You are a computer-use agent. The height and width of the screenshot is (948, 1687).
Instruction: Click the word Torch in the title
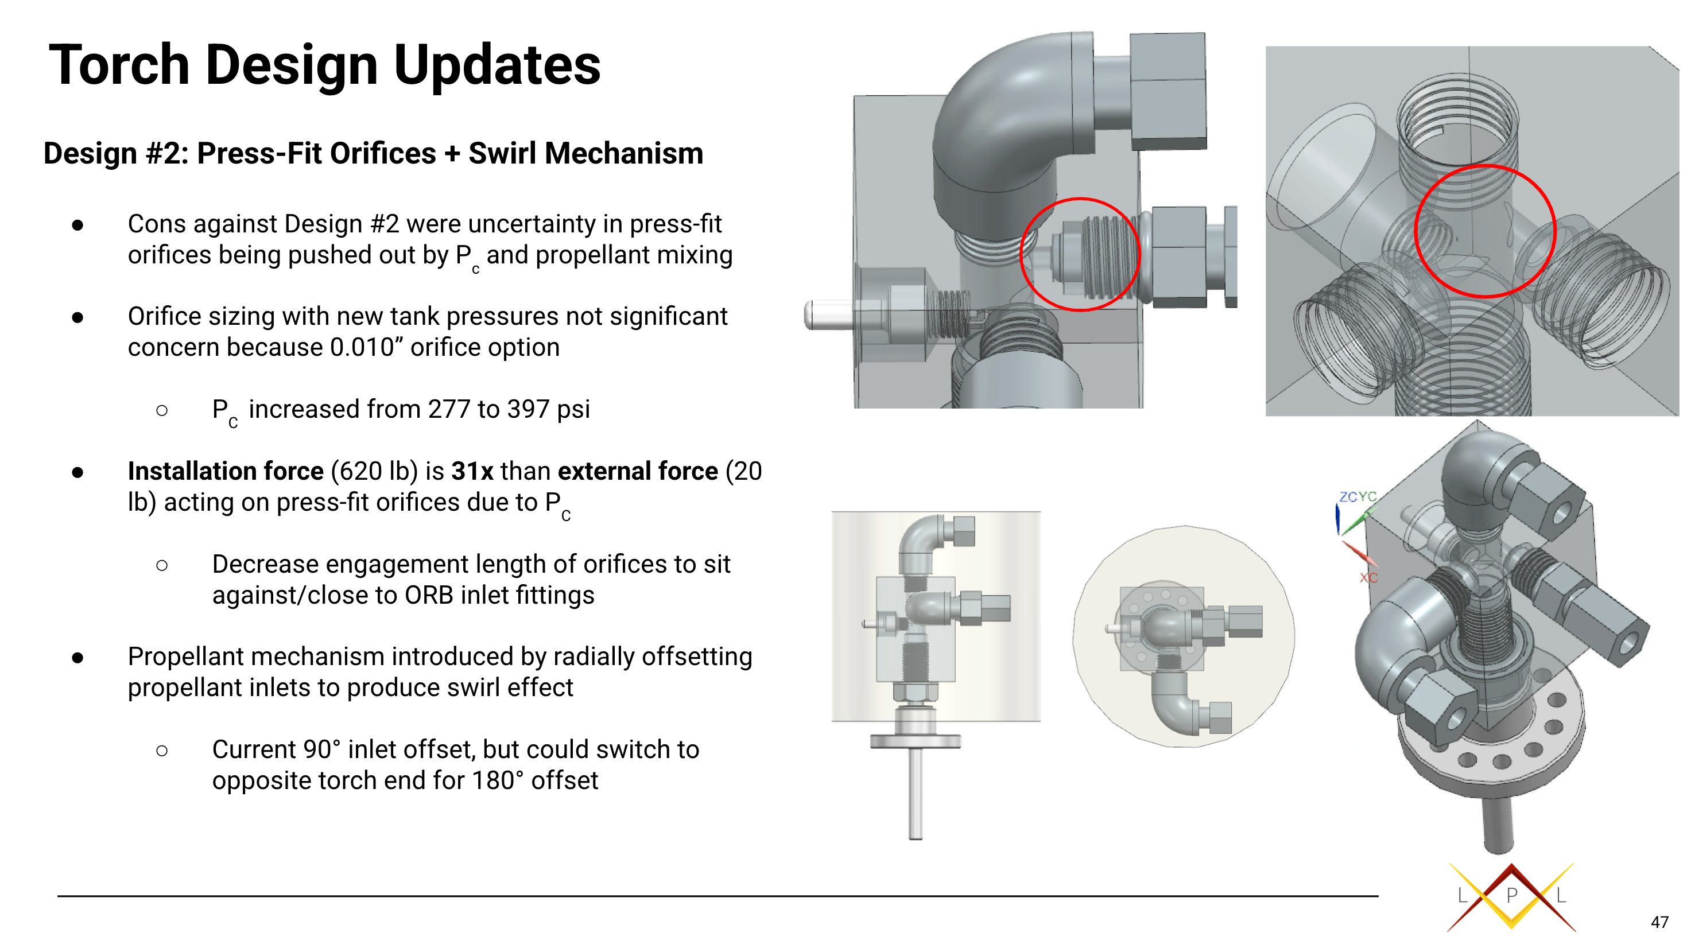[x=119, y=65]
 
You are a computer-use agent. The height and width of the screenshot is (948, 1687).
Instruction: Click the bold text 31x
[x=472, y=471]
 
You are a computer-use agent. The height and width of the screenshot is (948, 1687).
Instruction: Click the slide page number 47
[x=1659, y=923]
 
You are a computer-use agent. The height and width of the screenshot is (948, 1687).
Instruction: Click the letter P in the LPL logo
[x=1511, y=895]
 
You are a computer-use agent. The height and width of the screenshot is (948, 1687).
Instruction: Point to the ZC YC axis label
[x=1358, y=497]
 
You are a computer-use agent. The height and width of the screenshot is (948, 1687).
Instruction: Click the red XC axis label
[x=1368, y=577]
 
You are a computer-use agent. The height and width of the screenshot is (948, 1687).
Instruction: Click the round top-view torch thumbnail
[x=1184, y=636]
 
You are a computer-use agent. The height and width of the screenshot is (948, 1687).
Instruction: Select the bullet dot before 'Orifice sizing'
[x=78, y=317]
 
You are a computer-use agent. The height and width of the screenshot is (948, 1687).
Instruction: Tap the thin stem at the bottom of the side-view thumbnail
[x=916, y=794]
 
